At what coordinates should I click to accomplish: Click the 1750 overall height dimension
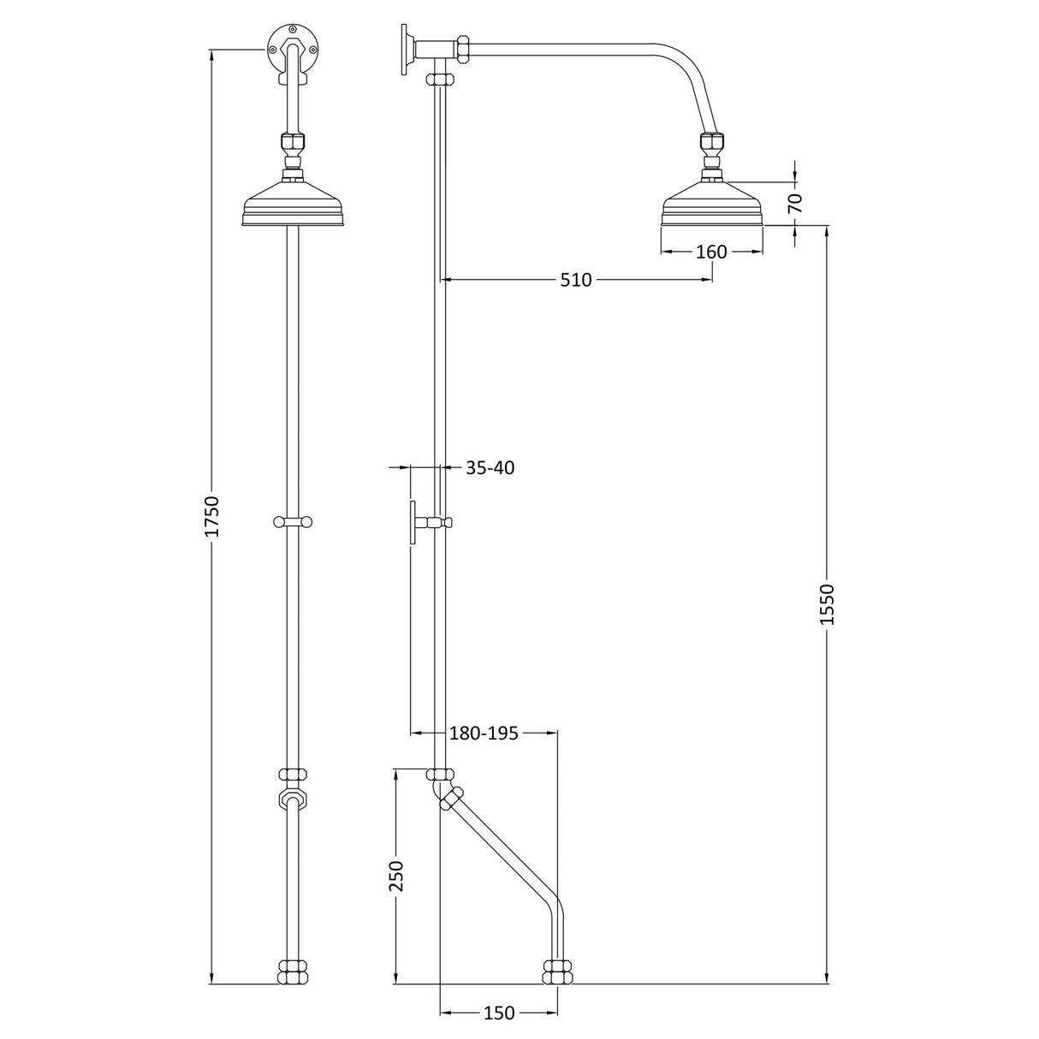[x=213, y=516]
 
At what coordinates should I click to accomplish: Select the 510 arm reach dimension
[x=576, y=279]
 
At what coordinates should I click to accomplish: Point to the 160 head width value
[x=711, y=252]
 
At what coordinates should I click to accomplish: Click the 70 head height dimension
[x=795, y=203]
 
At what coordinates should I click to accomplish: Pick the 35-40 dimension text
[x=490, y=468]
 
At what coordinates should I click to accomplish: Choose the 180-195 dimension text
[x=484, y=733]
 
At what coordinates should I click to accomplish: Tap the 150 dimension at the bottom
[x=498, y=1013]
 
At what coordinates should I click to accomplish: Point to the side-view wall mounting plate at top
[x=403, y=50]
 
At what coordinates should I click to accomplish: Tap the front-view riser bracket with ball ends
[x=293, y=521]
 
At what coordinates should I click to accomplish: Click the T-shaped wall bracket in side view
[x=414, y=522]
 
